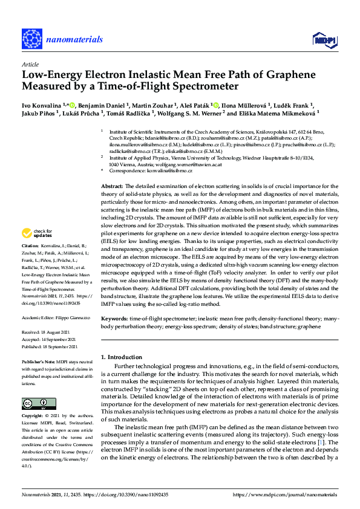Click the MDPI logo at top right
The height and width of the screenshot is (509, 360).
click(322, 40)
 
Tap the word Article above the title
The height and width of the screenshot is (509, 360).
click(30, 63)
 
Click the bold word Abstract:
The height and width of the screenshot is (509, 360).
click(112, 186)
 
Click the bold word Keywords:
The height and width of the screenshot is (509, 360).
click(115, 318)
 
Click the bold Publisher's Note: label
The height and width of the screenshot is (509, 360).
click(39, 360)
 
